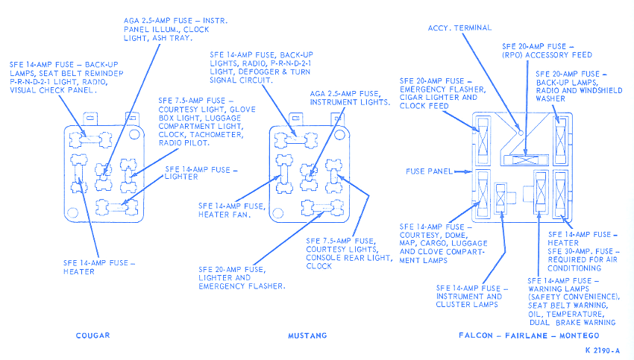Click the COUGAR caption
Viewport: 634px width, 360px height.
92,335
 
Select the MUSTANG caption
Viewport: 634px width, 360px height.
307,335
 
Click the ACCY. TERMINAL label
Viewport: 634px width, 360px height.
459,28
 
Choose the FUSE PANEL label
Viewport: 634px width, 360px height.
429,171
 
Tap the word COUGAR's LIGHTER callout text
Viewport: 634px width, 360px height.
181,177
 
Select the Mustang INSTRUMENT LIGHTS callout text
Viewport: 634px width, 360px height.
350,101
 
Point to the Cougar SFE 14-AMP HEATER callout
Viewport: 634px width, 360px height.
99,267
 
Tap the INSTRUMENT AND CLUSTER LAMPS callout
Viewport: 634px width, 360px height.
469,300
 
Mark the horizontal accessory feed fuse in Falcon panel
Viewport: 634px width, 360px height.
527,159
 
